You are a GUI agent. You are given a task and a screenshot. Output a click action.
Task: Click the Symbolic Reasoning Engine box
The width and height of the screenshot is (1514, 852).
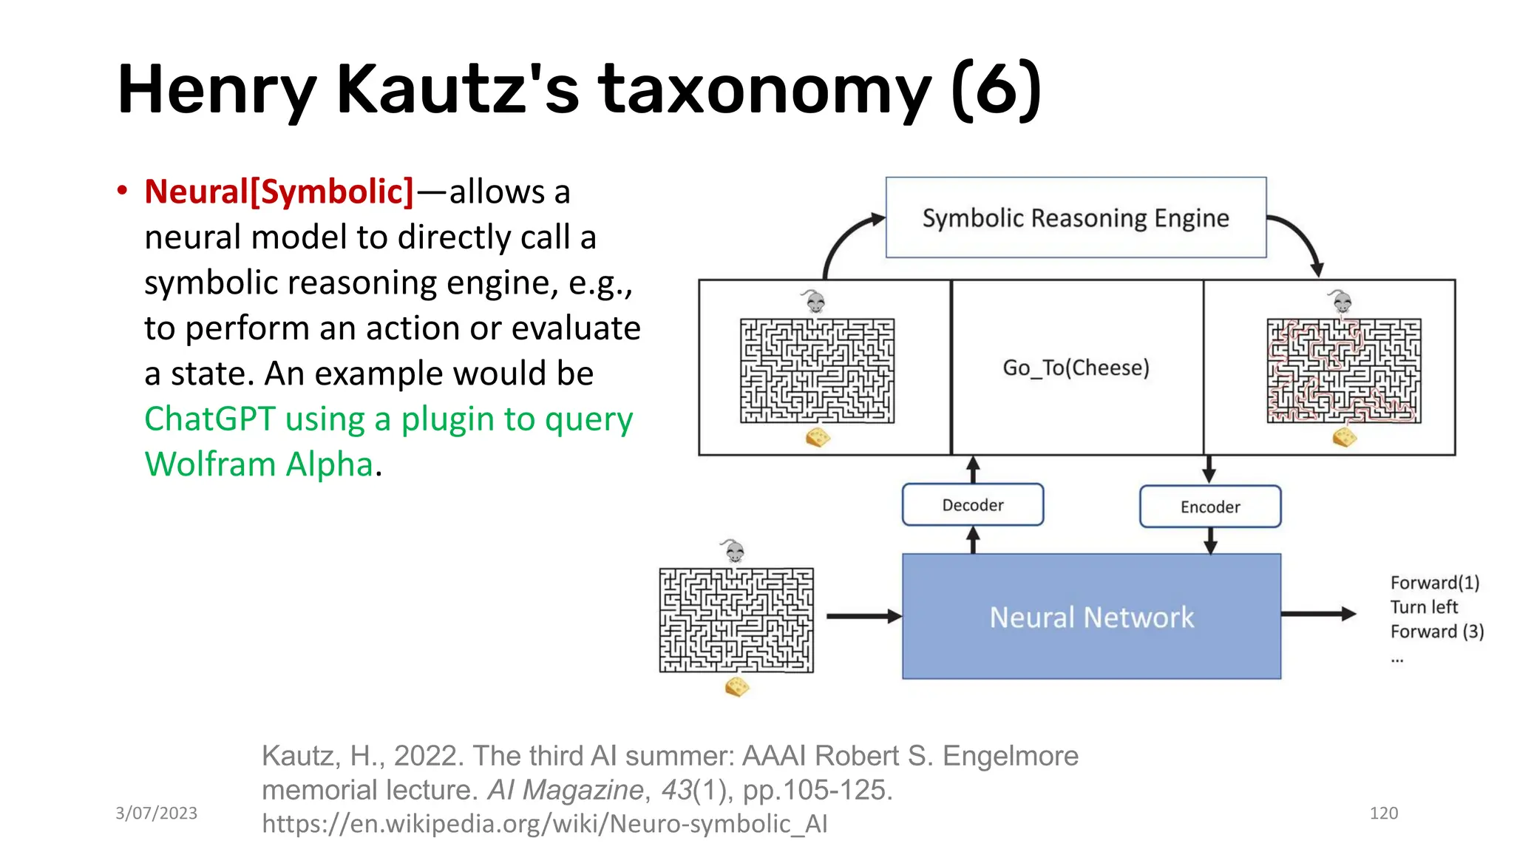click(x=1076, y=217)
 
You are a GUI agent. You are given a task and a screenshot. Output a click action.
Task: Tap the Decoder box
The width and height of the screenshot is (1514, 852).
click(x=973, y=505)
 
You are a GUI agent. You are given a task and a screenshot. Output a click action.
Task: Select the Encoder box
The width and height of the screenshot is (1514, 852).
click(x=1210, y=507)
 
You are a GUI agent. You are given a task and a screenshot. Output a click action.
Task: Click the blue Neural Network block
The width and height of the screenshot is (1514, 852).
click(x=1091, y=617)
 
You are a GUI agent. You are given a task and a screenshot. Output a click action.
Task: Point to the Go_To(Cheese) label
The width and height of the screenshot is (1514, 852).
click(x=1076, y=368)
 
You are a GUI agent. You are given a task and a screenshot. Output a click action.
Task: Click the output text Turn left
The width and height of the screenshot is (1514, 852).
click(x=1424, y=607)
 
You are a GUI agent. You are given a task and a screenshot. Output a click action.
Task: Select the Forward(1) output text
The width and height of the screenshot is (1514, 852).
click(x=1435, y=583)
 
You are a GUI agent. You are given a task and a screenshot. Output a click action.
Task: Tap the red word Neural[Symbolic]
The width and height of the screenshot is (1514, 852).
click(x=279, y=192)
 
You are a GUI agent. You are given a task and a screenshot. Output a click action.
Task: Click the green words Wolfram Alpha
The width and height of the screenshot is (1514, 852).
click(x=259, y=464)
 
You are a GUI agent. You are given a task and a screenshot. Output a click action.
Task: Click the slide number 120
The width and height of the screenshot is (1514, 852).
click(x=1383, y=814)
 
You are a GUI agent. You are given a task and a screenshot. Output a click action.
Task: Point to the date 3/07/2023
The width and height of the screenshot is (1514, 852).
click(x=156, y=814)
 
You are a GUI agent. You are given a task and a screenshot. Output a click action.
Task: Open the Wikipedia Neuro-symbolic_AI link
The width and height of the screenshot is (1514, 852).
click(x=544, y=824)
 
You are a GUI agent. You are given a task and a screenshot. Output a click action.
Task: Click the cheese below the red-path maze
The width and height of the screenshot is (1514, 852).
click(x=1345, y=437)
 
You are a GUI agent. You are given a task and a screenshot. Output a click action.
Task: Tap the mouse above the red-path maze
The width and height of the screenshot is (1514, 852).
click(x=1341, y=302)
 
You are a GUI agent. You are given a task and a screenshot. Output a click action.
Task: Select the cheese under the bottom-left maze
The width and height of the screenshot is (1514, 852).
click(x=737, y=687)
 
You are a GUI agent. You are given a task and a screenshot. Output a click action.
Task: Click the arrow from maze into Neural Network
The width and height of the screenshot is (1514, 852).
click(x=863, y=615)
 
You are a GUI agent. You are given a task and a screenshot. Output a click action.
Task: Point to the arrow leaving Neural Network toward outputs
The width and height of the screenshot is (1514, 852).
click(x=1317, y=614)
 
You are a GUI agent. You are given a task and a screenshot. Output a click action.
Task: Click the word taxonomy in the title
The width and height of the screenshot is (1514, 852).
click(x=765, y=90)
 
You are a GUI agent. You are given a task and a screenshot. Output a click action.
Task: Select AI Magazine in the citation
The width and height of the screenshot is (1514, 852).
click(x=566, y=790)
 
